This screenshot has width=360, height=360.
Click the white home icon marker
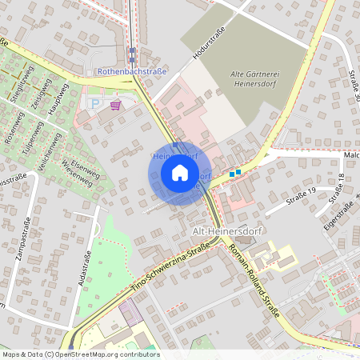coord(180,172)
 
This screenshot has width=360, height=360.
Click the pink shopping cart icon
coord(116,105)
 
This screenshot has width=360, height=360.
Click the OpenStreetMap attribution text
coord(80,354)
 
